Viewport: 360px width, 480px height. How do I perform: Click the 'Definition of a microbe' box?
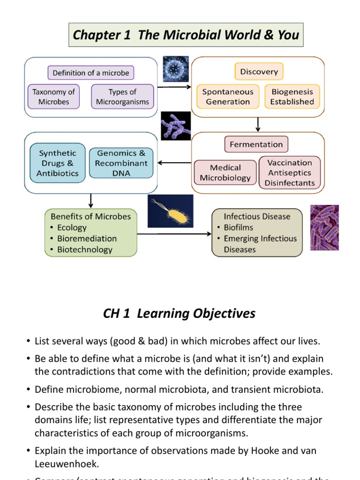91,73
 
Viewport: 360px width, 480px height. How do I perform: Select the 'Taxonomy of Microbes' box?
53,97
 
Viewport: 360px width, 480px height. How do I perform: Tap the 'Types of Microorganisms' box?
122,97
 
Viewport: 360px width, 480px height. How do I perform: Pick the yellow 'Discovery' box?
259,72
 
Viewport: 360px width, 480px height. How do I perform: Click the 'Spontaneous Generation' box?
228,97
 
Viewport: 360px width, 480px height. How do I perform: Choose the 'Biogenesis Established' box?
292,97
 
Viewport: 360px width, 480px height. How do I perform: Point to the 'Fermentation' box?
256,144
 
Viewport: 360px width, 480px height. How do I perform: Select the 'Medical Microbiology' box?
225,172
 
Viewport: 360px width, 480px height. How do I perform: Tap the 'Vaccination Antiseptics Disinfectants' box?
290,172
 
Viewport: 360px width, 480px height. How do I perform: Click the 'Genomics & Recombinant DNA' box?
121,163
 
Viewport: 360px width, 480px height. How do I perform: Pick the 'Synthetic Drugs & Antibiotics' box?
58,163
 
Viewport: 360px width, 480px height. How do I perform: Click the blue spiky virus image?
176,69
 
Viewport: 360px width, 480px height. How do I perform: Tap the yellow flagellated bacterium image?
170,211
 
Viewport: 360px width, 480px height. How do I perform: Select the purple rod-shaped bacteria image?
324,227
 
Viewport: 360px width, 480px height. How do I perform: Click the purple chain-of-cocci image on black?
175,126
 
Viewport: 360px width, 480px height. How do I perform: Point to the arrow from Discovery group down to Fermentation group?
258,124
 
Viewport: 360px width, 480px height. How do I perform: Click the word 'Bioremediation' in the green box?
87,239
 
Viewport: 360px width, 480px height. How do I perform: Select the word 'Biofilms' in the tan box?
238,227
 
